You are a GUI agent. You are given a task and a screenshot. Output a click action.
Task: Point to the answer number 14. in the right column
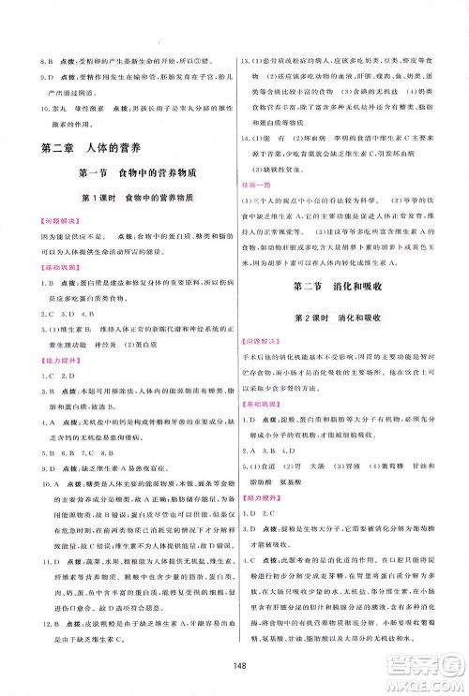coord(248,137)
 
